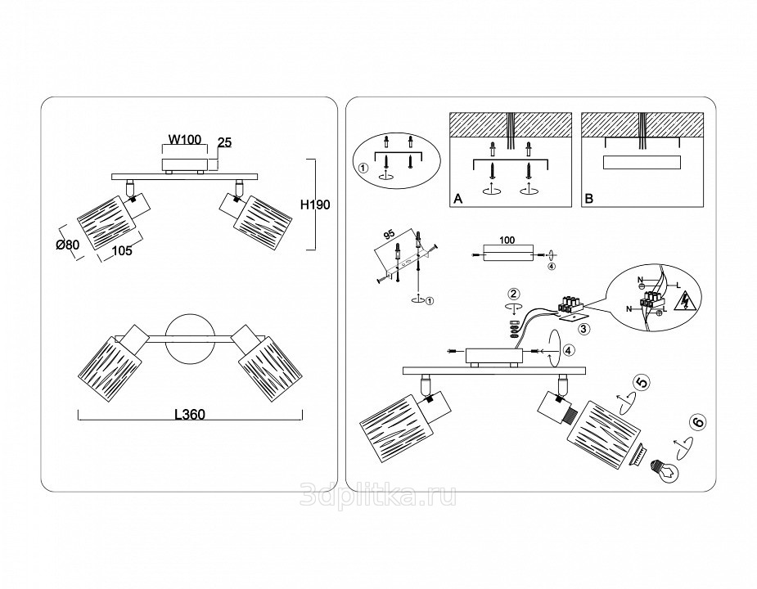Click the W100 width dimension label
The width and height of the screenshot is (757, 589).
click(x=185, y=141)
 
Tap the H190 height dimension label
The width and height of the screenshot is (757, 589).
click(x=315, y=205)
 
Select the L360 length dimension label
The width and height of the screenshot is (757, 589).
click(x=189, y=414)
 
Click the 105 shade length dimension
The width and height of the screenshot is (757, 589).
click(x=121, y=251)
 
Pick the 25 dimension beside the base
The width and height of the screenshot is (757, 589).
click(x=225, y=142)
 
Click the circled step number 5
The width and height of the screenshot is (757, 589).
click(x=642, y=382)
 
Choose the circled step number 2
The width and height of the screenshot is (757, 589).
click(x=513, y=294)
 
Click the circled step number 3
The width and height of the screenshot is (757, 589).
click(x=584, y=329)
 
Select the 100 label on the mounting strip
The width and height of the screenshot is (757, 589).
click(x=507, y=242)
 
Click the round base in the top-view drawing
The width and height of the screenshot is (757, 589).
click(x=190, y=338)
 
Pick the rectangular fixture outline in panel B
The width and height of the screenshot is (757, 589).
click(x=642, y=161)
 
